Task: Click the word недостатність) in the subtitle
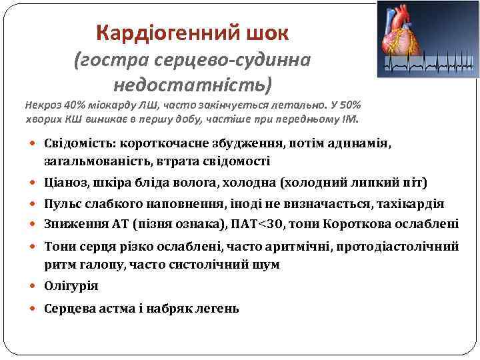193,85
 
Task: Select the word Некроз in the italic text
41,105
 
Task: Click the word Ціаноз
66,182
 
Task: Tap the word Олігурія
71,286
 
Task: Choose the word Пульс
63,204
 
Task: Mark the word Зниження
73,223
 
